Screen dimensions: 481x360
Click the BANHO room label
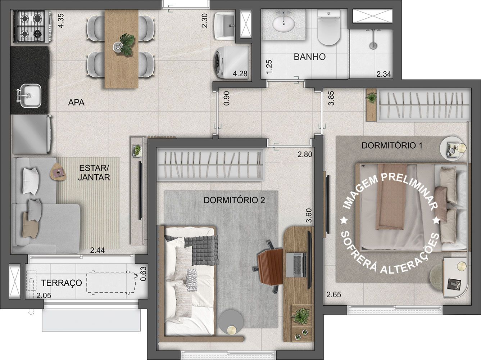point(309,57)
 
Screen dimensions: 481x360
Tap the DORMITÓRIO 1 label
point(392,145)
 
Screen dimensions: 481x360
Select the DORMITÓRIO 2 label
point(234,200)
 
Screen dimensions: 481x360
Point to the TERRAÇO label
point(62,283)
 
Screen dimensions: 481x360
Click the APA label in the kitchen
point(76,102)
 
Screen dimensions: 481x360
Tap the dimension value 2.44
point(97,250)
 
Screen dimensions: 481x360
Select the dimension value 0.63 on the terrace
point(143,273)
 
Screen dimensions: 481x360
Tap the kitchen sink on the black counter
point(30,96)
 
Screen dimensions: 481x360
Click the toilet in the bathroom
point(328,27)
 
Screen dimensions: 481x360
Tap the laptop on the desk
point(296,265)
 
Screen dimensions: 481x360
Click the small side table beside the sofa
point(58,172)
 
